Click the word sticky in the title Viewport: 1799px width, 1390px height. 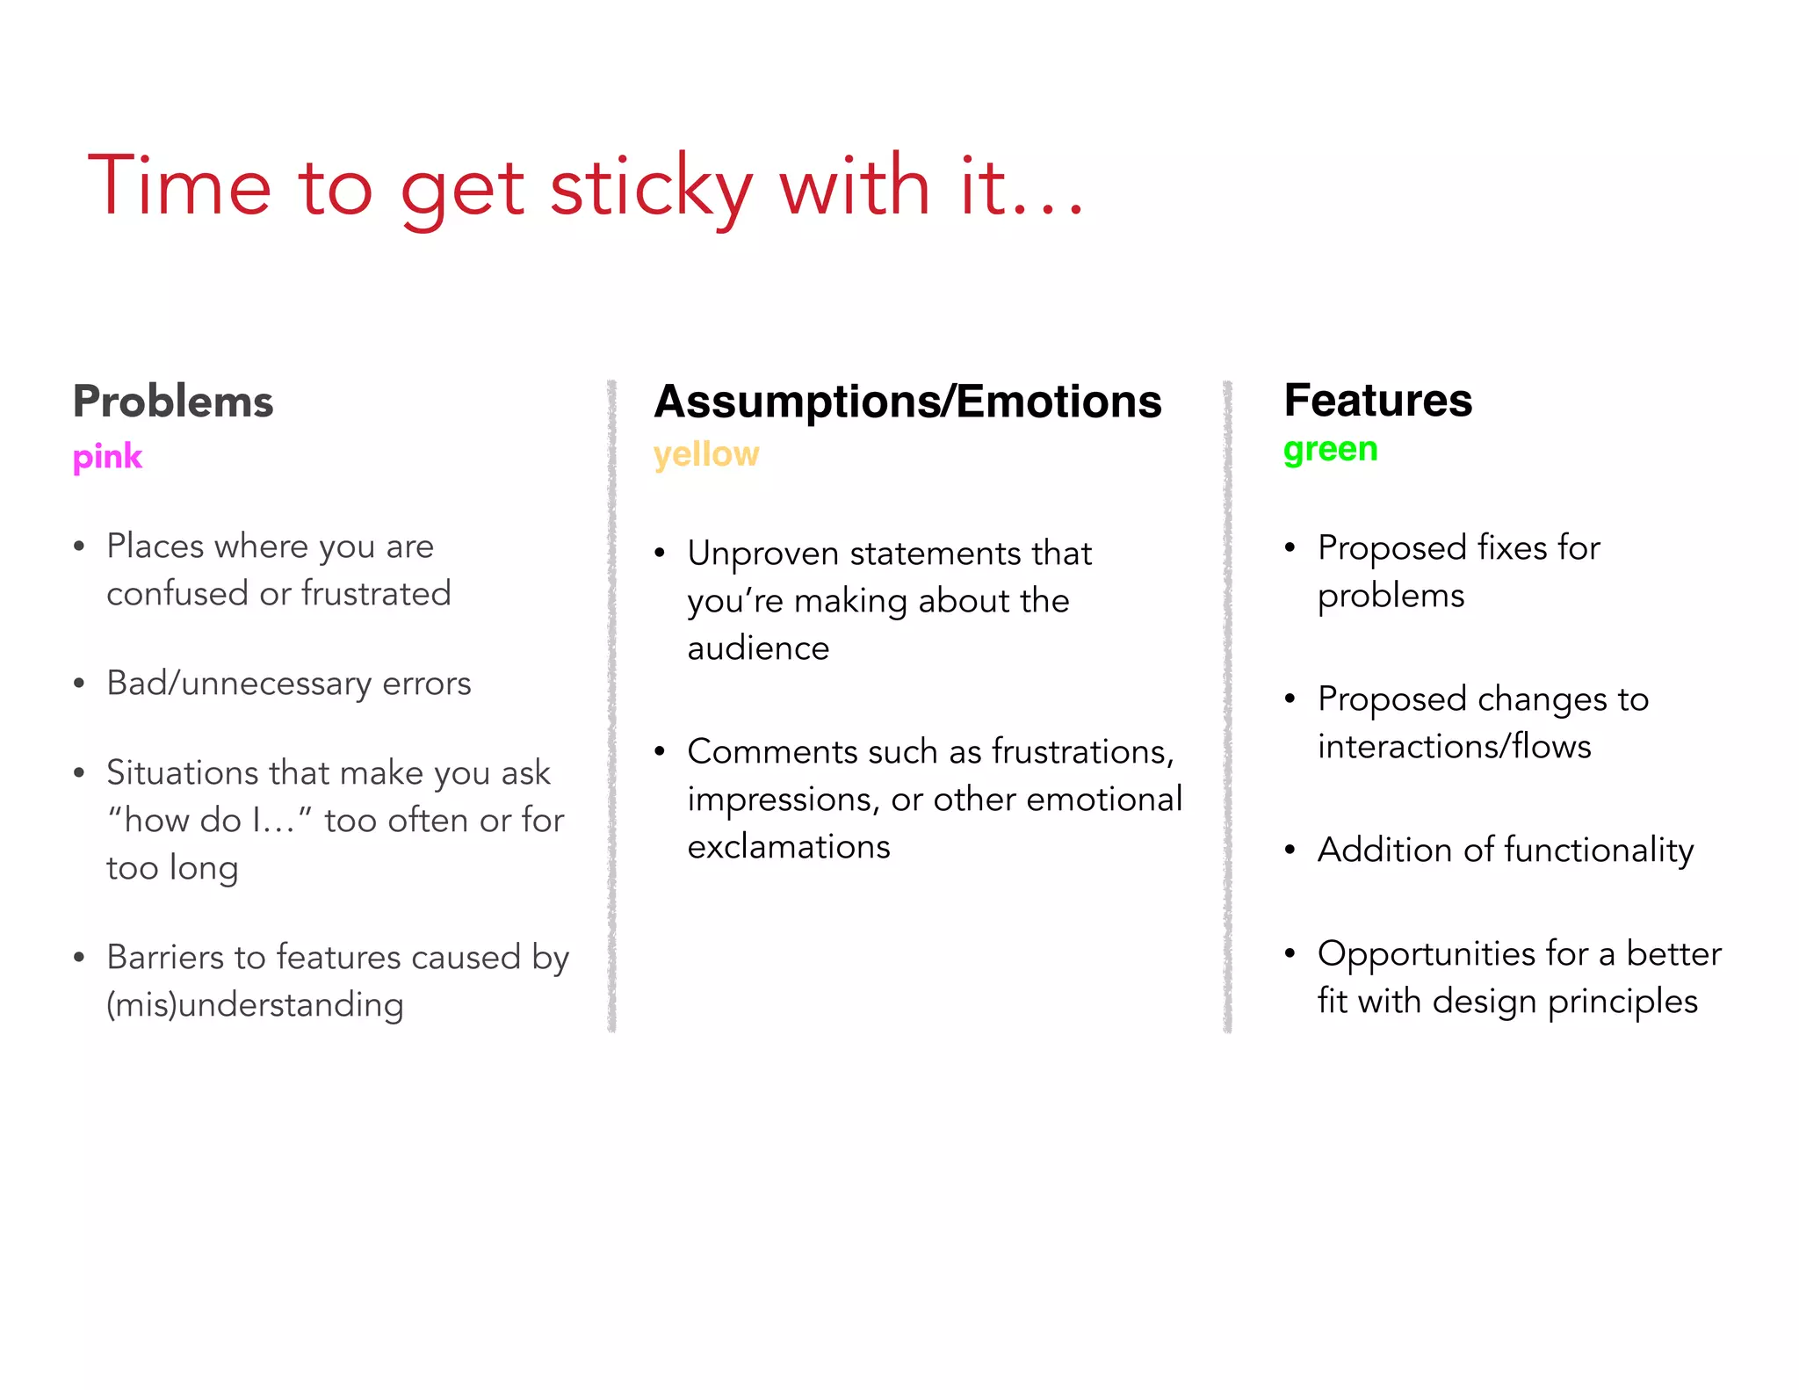651,186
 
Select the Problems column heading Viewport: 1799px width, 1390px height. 173,402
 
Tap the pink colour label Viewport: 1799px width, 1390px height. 107,457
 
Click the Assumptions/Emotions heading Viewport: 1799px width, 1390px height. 907,402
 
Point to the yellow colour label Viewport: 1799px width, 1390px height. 706,454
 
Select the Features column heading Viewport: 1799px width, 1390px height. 1377,400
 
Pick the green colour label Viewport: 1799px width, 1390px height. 1330,449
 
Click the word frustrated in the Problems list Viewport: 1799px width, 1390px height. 376,594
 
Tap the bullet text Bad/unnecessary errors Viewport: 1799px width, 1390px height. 289,684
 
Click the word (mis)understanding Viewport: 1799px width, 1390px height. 255,1005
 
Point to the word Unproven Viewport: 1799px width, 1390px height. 763,554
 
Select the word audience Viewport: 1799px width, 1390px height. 758,648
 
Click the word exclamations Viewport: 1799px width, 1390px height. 789,847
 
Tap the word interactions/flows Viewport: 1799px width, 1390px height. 1454,747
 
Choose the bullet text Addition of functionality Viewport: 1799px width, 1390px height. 1506,850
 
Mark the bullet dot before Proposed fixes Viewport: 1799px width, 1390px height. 1290,548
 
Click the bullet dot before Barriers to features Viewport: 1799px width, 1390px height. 79,958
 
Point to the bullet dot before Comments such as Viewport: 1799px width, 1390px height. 660,752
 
